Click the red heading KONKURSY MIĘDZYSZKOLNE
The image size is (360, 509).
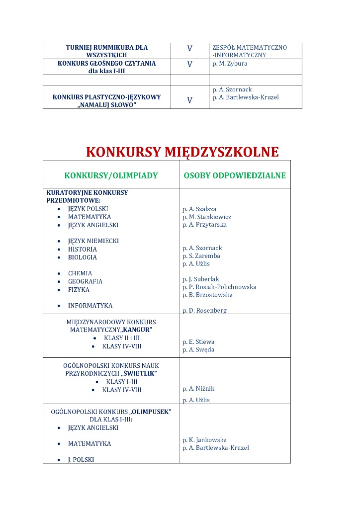[182, 152]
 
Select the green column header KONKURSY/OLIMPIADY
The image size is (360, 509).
[111, 175]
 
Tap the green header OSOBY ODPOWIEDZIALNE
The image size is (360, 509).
[235, 175]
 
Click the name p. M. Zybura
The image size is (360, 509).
[230, 64]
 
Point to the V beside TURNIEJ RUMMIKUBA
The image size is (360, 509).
[189, 49]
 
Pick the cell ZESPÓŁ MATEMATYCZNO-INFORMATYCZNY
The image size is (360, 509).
[250, 51]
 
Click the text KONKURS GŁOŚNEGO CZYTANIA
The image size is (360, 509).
[107, 64]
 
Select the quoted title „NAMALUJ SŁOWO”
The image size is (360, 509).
[107, 105]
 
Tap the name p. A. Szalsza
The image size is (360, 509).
[199, 209]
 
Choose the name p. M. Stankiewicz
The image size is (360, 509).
[207, 217]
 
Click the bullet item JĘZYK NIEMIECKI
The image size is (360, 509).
[93, 241]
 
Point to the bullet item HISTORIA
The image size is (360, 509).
[83, 250]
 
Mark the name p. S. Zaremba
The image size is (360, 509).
[201, 256]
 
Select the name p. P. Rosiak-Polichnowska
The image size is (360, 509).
[219, 287]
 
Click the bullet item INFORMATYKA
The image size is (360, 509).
[90, 306]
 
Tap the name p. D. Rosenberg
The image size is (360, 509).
[204, 311]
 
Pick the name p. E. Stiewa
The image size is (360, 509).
[198, 342]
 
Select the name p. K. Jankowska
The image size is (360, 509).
[204, 440]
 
